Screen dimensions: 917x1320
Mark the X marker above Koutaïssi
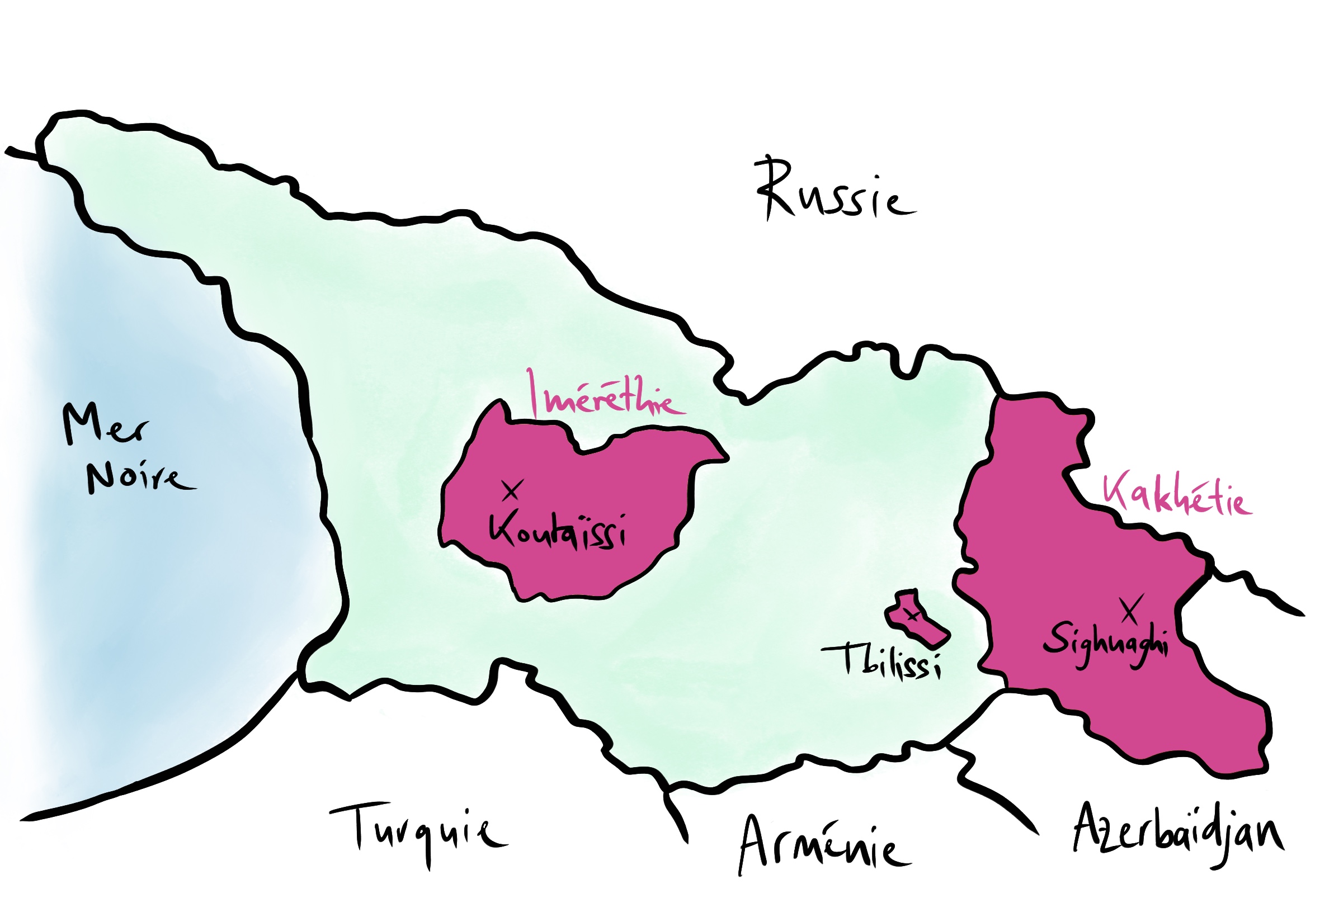511,490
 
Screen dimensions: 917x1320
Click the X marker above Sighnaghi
1130,609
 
